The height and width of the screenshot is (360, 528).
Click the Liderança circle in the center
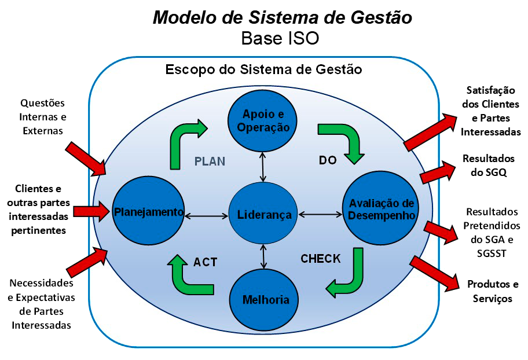coord(264,215)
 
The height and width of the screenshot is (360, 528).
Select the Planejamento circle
coord(148,211)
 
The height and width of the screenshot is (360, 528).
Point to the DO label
coord(328,160)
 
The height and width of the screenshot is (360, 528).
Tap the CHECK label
coord(320,259)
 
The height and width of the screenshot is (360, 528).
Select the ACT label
coord(206,262)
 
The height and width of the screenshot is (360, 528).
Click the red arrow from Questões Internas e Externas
coord(86,157)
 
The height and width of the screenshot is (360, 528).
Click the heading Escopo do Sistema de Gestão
coord(263,70)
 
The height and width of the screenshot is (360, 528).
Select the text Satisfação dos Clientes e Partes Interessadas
coord(493,111)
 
